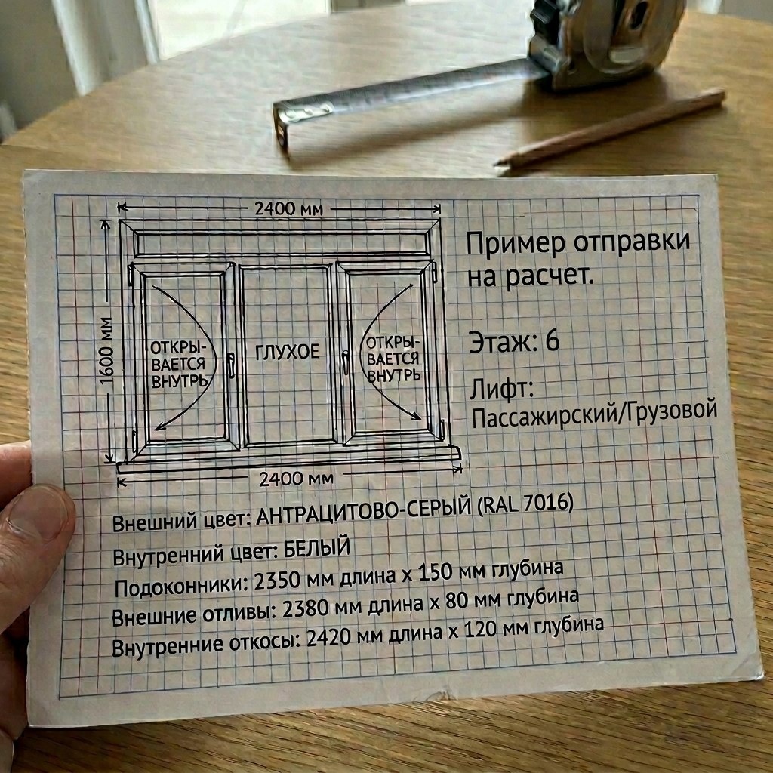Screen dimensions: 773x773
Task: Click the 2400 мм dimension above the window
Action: click(x=288, y=208)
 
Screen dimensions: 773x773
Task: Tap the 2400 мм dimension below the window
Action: click(x=295, y=479)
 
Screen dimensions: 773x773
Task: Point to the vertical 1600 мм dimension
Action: click(x=107, y=347)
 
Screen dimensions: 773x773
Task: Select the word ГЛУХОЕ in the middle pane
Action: click(x=287, y=352)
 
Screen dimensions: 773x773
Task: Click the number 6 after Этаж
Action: click(x=552, y=340)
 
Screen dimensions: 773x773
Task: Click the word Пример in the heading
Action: click(x=514, y=244)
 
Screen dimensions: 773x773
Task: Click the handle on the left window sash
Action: click(x=232, y=365)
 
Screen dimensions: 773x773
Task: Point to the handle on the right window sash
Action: click(x=345, y=362)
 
